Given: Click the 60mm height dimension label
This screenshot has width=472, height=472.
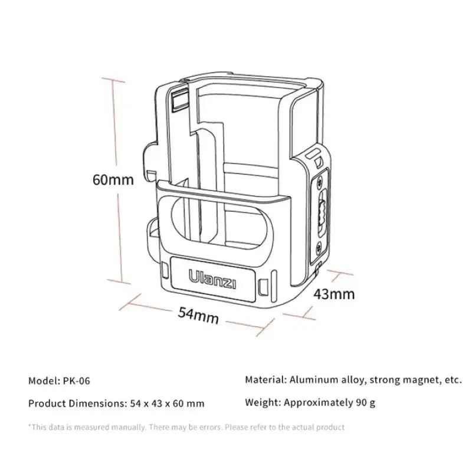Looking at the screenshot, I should (x=113, y=179).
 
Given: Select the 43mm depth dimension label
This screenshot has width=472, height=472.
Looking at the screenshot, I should (x=333, y=293).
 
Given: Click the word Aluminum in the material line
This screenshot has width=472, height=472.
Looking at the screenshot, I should (x=315, y=379).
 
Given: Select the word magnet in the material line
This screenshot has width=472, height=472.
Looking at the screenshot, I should (x=418, y=379).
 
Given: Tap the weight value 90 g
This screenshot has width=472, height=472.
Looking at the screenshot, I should (x=364, y=404).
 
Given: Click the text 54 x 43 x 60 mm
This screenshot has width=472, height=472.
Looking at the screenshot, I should (x=166, y=404).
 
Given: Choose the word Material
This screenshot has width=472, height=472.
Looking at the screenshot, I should (x=265, y=379).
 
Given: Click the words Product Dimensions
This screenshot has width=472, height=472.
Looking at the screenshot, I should (x=74, y=404).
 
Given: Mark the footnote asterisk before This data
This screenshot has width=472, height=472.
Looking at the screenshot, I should (x=29, y=426).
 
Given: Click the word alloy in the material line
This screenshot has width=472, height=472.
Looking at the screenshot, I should (x=354, y=379).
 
